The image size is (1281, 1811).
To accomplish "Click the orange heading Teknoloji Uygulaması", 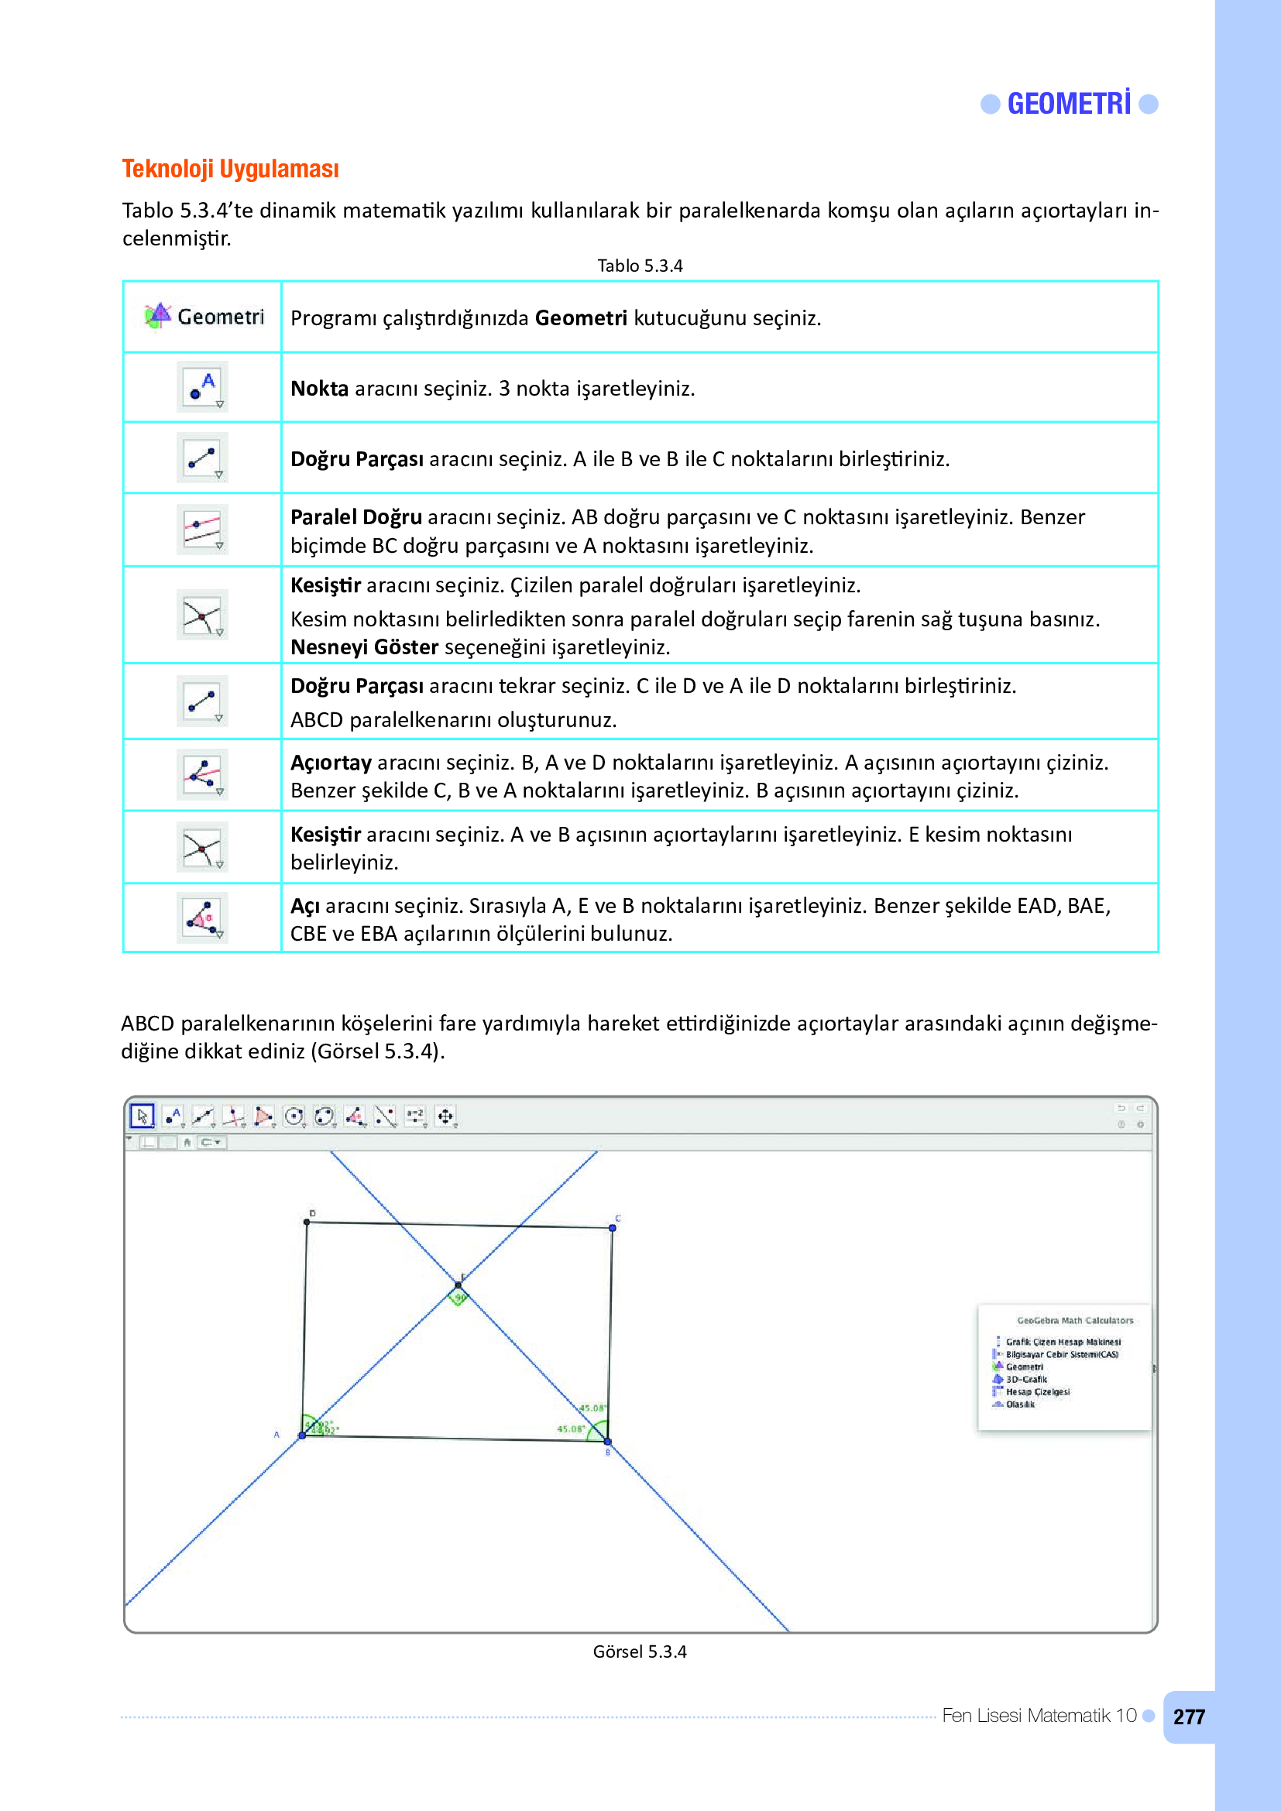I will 230,169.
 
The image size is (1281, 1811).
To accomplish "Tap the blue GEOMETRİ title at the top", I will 1069,104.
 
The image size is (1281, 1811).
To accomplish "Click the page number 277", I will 1189,1717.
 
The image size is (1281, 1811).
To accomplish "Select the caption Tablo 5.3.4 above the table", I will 640,266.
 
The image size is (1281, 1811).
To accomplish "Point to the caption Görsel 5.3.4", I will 640,1652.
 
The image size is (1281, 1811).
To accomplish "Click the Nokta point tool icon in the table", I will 203,386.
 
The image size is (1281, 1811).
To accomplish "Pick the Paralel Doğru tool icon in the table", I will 203,530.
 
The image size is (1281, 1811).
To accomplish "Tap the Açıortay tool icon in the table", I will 203,773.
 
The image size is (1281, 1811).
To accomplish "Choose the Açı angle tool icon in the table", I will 203,918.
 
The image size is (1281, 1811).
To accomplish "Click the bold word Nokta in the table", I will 319,389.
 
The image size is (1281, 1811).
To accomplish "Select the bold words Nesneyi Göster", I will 365,647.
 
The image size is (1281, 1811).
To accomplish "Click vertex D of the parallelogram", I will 307,1223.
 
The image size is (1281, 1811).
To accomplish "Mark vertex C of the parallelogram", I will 612,1228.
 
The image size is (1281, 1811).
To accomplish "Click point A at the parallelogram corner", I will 302,1435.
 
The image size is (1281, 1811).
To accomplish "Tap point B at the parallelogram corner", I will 607,1442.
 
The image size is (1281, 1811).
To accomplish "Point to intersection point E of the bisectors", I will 458,1287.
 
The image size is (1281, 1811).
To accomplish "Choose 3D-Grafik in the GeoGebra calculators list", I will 1026,1380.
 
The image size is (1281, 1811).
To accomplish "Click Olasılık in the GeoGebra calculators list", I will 1020,1405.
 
